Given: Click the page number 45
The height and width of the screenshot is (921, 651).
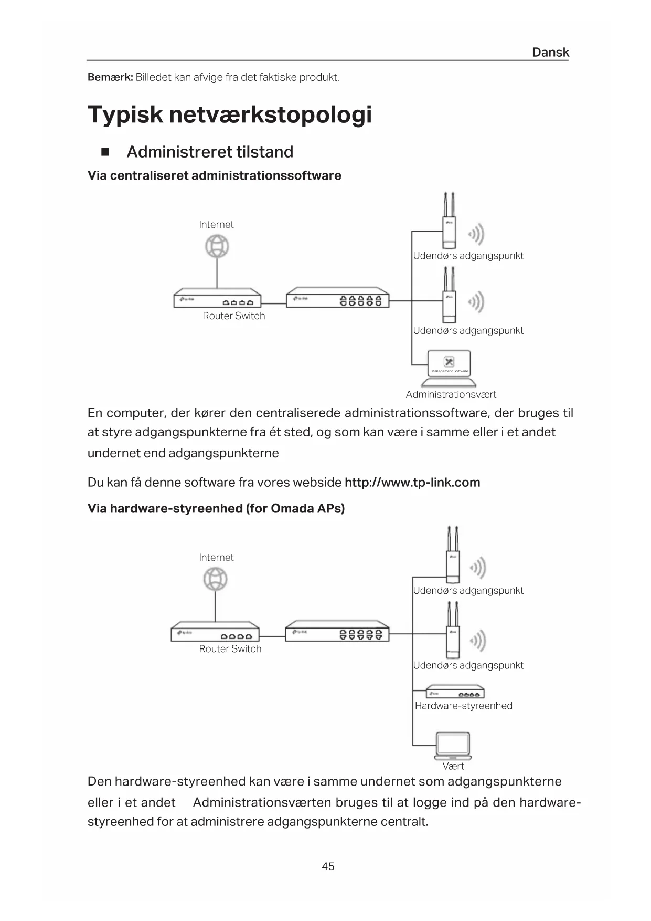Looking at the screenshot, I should coord(328,866).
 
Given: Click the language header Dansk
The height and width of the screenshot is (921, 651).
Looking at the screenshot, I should coord(550,52).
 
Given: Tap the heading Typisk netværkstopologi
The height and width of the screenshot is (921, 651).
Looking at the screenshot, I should coord(230,114).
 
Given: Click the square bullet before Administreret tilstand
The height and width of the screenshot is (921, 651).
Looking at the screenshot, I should coord(105,152).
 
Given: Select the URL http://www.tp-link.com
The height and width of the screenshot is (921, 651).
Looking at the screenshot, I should coord(412,483).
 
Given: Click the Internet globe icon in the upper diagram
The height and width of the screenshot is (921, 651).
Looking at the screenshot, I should coord(217,246).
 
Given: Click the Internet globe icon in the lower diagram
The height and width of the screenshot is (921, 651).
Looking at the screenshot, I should coord(216,580).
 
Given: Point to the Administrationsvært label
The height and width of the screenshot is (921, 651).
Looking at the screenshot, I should coord(451,394).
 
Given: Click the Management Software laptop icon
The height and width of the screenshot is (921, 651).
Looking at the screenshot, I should coord(449,364).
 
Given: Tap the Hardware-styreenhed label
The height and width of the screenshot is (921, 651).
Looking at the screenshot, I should coord(463,706).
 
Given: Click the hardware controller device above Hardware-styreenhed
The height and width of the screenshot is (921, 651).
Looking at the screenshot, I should coord(454,692).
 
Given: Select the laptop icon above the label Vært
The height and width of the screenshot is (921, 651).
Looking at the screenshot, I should coord(453,746).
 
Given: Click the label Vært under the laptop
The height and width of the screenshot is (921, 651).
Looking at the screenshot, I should coord(453,766).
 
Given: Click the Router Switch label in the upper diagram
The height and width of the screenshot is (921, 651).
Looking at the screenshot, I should coord(234,316).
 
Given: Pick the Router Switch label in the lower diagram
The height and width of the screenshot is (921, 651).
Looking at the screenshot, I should coord(230,649).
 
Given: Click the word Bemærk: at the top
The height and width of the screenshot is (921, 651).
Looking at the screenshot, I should coord(110,78).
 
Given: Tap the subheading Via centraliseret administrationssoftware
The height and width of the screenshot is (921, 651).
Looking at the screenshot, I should coord(214,175).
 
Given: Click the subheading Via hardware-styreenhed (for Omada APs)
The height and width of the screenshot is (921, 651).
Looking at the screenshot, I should coord(216,508).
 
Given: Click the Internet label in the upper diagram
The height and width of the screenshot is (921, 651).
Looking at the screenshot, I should coord(216,225).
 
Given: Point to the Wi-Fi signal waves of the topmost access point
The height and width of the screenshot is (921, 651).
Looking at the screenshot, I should coord(477,234).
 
